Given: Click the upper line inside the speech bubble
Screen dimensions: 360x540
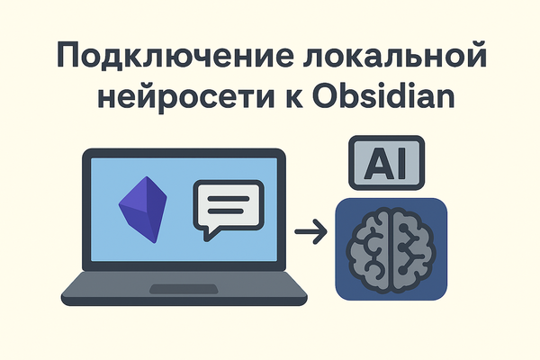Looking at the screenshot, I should coord(229,197).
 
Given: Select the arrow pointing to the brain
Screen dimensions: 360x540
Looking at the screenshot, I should coord(310,234).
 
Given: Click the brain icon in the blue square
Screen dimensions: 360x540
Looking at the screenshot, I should coord(391,247).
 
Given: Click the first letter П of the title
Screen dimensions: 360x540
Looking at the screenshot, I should coord(70,57).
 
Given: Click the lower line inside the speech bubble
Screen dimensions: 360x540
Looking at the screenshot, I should coord(229,213).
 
